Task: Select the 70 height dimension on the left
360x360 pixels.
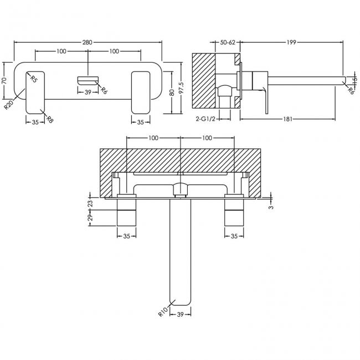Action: coord(5,80)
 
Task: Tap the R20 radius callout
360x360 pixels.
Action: coord(9,104)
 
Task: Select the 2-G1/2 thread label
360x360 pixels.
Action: coord(205,119)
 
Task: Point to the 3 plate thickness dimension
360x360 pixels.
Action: coord(270,207)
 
